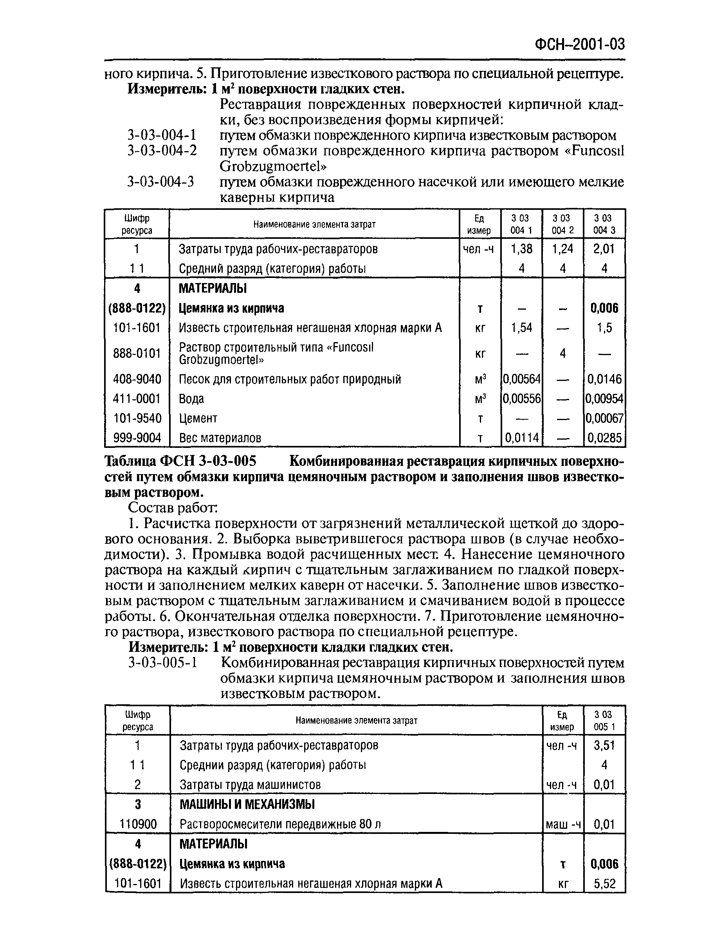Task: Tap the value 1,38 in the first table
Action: coord(521,248)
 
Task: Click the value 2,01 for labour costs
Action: coord(604,248)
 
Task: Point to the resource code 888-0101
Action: coord(137,353)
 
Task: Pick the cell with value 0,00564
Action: coord(521,379)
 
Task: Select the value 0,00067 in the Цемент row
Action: coord(604,418)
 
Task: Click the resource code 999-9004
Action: coord(137,438)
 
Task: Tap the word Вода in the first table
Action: coord(191,399)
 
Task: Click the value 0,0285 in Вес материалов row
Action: coord(604,438)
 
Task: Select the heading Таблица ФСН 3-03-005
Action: coord(180,461)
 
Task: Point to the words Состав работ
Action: coord(173,507)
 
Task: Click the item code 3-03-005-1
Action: coord(163,662)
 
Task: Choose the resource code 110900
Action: coord(138,824)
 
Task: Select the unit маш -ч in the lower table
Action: coord(563,824)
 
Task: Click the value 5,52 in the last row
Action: coord(604,884)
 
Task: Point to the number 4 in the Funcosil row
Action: coord(562,353)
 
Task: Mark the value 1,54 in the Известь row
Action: coord(521,328)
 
